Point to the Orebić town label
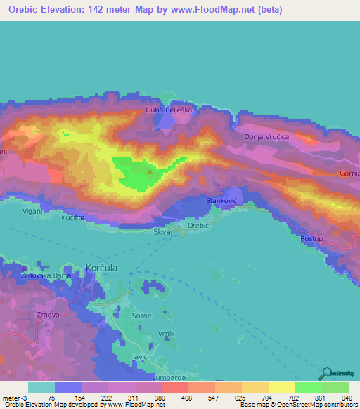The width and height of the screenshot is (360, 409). tap(200, 226)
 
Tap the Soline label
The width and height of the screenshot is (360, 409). tap(142, 316)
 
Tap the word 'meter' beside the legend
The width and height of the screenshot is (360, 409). tap(11, 397)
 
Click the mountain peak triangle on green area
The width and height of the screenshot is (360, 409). tap(150, 168)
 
